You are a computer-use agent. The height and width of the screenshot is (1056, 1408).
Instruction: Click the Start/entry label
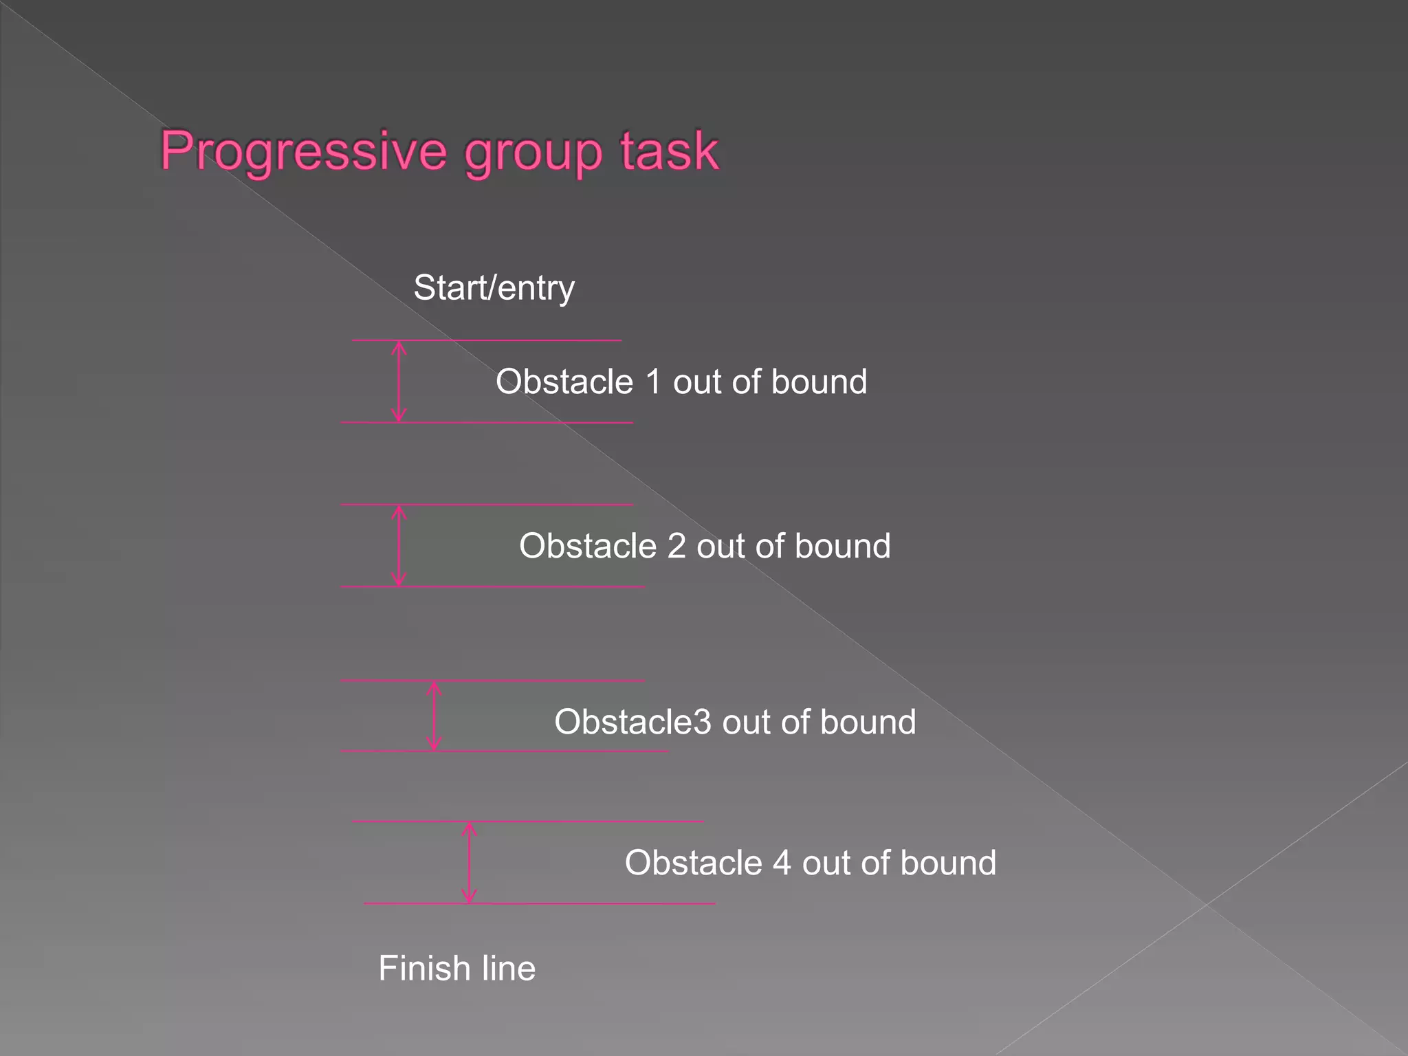click(x=494, y=287)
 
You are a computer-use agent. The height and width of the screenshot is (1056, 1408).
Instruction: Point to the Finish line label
click(x=456, y=968)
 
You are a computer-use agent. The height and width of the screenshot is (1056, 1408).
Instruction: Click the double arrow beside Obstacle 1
click(x=399, y=382)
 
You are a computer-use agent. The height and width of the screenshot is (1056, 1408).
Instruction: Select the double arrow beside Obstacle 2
click(x=399, y=546)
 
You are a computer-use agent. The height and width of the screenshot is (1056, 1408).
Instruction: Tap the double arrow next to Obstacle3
click(x=434, y=716)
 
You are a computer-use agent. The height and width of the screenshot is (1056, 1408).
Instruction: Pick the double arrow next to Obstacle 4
click(x=469, y=862)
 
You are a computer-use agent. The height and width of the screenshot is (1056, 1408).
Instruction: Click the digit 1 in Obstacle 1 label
click(x=653, y=382)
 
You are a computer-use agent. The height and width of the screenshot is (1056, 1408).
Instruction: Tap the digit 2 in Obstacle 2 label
click(x=676, y=546)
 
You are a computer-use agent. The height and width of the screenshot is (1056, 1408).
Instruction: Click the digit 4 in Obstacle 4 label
click(x=782, y=863)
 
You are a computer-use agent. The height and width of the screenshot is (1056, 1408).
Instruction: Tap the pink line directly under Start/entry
click(x=486, y=340)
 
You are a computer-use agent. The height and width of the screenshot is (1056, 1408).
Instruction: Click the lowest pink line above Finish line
click(x=540, y=903)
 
